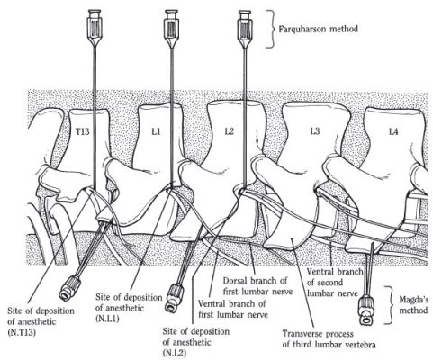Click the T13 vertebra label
point(83,131)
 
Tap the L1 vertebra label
point(157,131)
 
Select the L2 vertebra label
point(229,131)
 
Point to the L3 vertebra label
point(315,131)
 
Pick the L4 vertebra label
point(393,131)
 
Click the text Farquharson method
point(319,29)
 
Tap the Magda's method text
point(413,305)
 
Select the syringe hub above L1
point(171,29)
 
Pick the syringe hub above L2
point(245,29)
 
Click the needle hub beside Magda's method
point(367,310)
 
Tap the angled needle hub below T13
point(70,288)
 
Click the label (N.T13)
point(21,332)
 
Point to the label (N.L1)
point(107,319)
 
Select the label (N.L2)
point(175,353)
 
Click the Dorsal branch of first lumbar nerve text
point(257,285)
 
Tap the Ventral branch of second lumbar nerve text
point(334,283)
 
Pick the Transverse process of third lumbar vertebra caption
point(329,339)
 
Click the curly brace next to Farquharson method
point(271,29)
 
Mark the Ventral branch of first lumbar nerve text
point(233,309)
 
